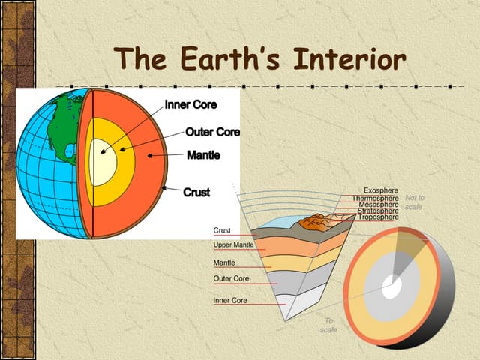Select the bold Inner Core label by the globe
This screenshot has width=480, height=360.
coord(190,105)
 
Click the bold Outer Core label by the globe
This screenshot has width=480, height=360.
coord(212,133)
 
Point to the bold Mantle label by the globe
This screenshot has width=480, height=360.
coord(202,155)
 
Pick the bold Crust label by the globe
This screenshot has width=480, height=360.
coord(196,192)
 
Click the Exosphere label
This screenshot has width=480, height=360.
coord(380,191)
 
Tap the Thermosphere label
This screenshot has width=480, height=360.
coord(375,199)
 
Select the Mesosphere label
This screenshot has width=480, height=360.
coord(378,205)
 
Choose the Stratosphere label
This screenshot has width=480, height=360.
coord(378,211)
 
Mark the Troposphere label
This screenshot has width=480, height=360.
coord(378,217)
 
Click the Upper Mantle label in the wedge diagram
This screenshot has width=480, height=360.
coord(233,245)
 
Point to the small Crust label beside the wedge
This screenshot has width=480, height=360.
coord(222,230)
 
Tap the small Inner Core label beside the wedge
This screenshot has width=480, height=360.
coord(230,300)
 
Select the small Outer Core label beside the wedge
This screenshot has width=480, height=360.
coord(231,279)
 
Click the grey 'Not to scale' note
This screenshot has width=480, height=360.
coord(415,202)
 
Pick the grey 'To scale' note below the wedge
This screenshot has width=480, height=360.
coord(328,325)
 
